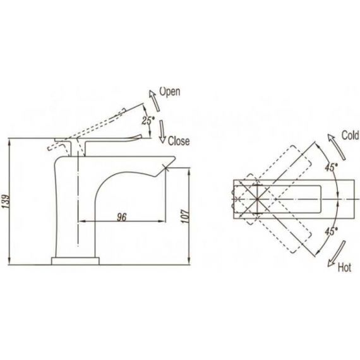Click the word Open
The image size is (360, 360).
[170, 92]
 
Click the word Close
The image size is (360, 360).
[179, 141]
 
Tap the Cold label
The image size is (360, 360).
[350, 135]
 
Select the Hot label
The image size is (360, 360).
[344, 268]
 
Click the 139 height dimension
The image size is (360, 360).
[7, 201]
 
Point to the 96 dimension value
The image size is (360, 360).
[122, 217]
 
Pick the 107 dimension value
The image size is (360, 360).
[185, 216]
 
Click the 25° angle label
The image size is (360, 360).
[148, 120]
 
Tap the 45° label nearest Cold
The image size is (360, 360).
[332, 167]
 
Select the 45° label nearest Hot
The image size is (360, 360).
[332, 231]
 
